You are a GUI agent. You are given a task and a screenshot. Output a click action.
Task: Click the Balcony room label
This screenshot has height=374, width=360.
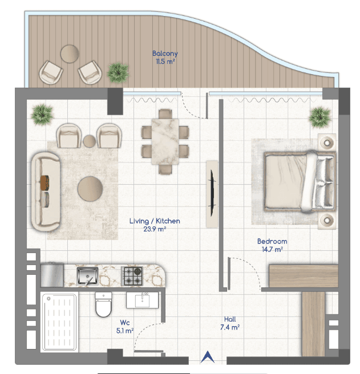(x=165, y=54)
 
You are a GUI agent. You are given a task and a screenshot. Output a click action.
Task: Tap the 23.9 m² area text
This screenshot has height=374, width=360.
(x=155, y=229)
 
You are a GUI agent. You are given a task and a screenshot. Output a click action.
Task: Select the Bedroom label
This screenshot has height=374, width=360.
(x=272, y=241)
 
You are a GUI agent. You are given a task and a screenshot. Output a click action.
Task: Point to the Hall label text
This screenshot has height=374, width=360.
(x=230, y=319)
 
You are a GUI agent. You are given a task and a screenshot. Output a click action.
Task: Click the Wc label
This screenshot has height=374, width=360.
(x=125, y=323)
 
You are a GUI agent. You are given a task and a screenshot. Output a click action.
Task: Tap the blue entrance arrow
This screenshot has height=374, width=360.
(x=208, y=357)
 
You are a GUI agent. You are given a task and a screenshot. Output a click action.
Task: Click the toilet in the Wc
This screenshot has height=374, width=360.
(x=103, y=304)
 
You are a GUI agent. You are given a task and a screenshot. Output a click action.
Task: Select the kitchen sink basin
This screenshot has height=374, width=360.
(x=88, y=276)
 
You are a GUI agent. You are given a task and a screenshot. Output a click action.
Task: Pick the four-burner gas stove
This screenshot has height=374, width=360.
(x=132, y=276)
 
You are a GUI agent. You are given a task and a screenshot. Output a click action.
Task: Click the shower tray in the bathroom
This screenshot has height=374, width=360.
(x=59, y=322)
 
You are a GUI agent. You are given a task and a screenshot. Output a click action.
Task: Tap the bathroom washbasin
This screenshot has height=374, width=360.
(x=142, y=300)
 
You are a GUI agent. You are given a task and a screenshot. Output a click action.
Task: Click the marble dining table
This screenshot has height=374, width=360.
(x=165, y=142)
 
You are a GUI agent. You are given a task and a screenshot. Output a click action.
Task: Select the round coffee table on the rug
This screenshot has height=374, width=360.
(x=90, y=189)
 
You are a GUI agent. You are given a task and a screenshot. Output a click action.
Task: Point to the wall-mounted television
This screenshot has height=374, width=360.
(x=212, y=193)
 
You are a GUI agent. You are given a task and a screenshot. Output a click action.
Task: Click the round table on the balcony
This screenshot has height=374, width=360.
(x=70, y=54)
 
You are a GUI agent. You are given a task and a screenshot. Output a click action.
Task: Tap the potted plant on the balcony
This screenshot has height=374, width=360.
(x=118, y=73)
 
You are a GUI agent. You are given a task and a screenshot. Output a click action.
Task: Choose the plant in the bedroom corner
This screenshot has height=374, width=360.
(x=320, y=117)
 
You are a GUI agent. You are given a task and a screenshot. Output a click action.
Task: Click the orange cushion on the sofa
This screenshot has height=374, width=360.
(x=45, y=183)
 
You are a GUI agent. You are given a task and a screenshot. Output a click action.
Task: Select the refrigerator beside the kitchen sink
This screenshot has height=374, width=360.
(x=52, y=275)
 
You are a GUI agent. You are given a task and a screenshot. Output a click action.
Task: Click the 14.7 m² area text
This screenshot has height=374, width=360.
(x=272, y=250)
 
